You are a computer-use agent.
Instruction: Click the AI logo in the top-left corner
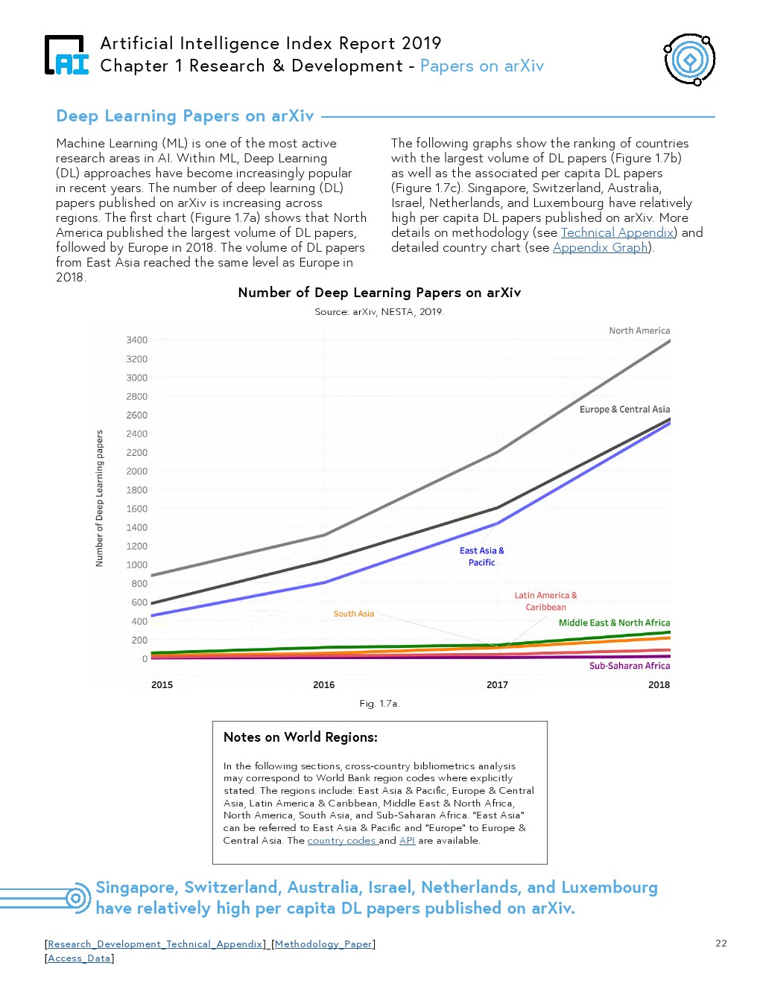[x=66, y=56]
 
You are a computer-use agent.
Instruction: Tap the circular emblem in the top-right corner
[x=689, y=60]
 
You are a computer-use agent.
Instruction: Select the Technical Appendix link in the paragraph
[x=618, y=232]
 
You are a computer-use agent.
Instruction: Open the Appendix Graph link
[x=601, y=247]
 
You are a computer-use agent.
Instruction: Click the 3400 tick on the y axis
[x=136, y=340]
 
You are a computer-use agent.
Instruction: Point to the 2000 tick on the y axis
[x=136, y=471]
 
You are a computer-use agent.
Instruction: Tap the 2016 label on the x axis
[x=323, y=685]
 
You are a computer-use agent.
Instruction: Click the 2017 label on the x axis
[x=497, y=685]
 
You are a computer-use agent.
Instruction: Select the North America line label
[x=639, y=331]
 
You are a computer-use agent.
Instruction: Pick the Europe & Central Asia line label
[x=624, y=410]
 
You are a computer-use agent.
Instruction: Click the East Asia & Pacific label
[x=481, y=556]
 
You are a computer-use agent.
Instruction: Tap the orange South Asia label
[x=354, y=614]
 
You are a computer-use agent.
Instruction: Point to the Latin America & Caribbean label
[x=545, y=601]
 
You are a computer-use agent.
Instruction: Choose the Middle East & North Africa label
[x=614, y=623]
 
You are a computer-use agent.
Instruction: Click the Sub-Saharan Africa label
[x=630, y=666]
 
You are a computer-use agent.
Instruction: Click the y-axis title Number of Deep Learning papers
[x=99, y=498]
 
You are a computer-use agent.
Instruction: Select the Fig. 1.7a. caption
[x=379, y=704]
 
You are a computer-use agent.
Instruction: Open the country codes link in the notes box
[x=342, y=841]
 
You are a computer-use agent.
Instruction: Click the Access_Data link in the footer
[x=79, y=958]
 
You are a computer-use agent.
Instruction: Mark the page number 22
[x=721, y=944]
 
